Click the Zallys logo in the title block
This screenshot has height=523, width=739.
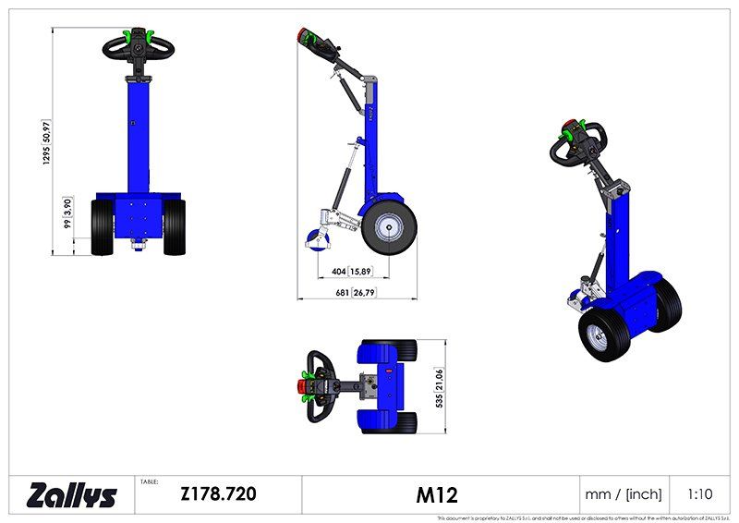pyautogui.click(x=72, y=494)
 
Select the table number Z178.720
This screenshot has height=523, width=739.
pyautogui.click(x=218, y=493)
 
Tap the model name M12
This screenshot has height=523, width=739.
pyautogui.click(x=437, y=494)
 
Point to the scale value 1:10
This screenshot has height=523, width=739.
pyautogui.click(x=701, y=494)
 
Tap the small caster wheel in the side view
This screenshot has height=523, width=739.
pyautogui.click(x=315, y=241)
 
